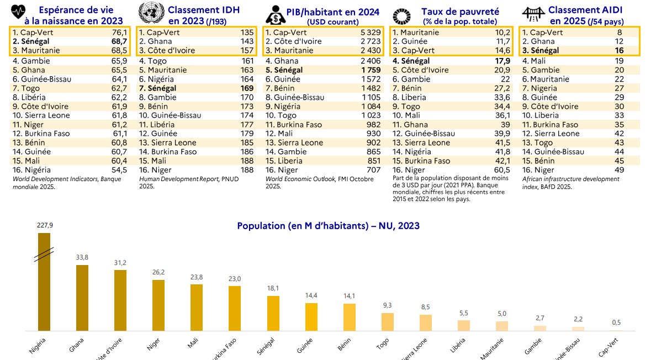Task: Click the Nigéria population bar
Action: click(44, 282)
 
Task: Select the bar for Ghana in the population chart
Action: click(82, 298)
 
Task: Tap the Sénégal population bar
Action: click(273, 313)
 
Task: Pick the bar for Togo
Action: click(388, 322)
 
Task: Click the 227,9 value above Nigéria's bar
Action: click(44, 225)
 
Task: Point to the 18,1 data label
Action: click(273, 289)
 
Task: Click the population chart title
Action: click(328, 226)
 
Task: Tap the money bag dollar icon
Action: click(274, 13)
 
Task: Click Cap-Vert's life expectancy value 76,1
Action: click(119, 33)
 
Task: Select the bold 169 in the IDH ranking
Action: click(247, 88)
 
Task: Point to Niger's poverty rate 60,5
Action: click(501, 170)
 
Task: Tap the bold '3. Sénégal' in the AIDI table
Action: click(541, 51)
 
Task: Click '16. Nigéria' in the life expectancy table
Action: click(31, 170)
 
